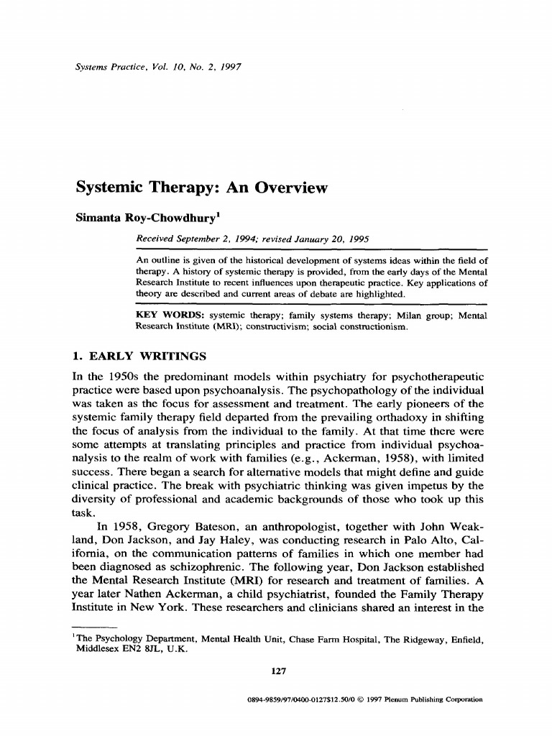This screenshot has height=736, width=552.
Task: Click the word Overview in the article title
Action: (287, 188)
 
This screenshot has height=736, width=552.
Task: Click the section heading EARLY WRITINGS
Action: (148, 356)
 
